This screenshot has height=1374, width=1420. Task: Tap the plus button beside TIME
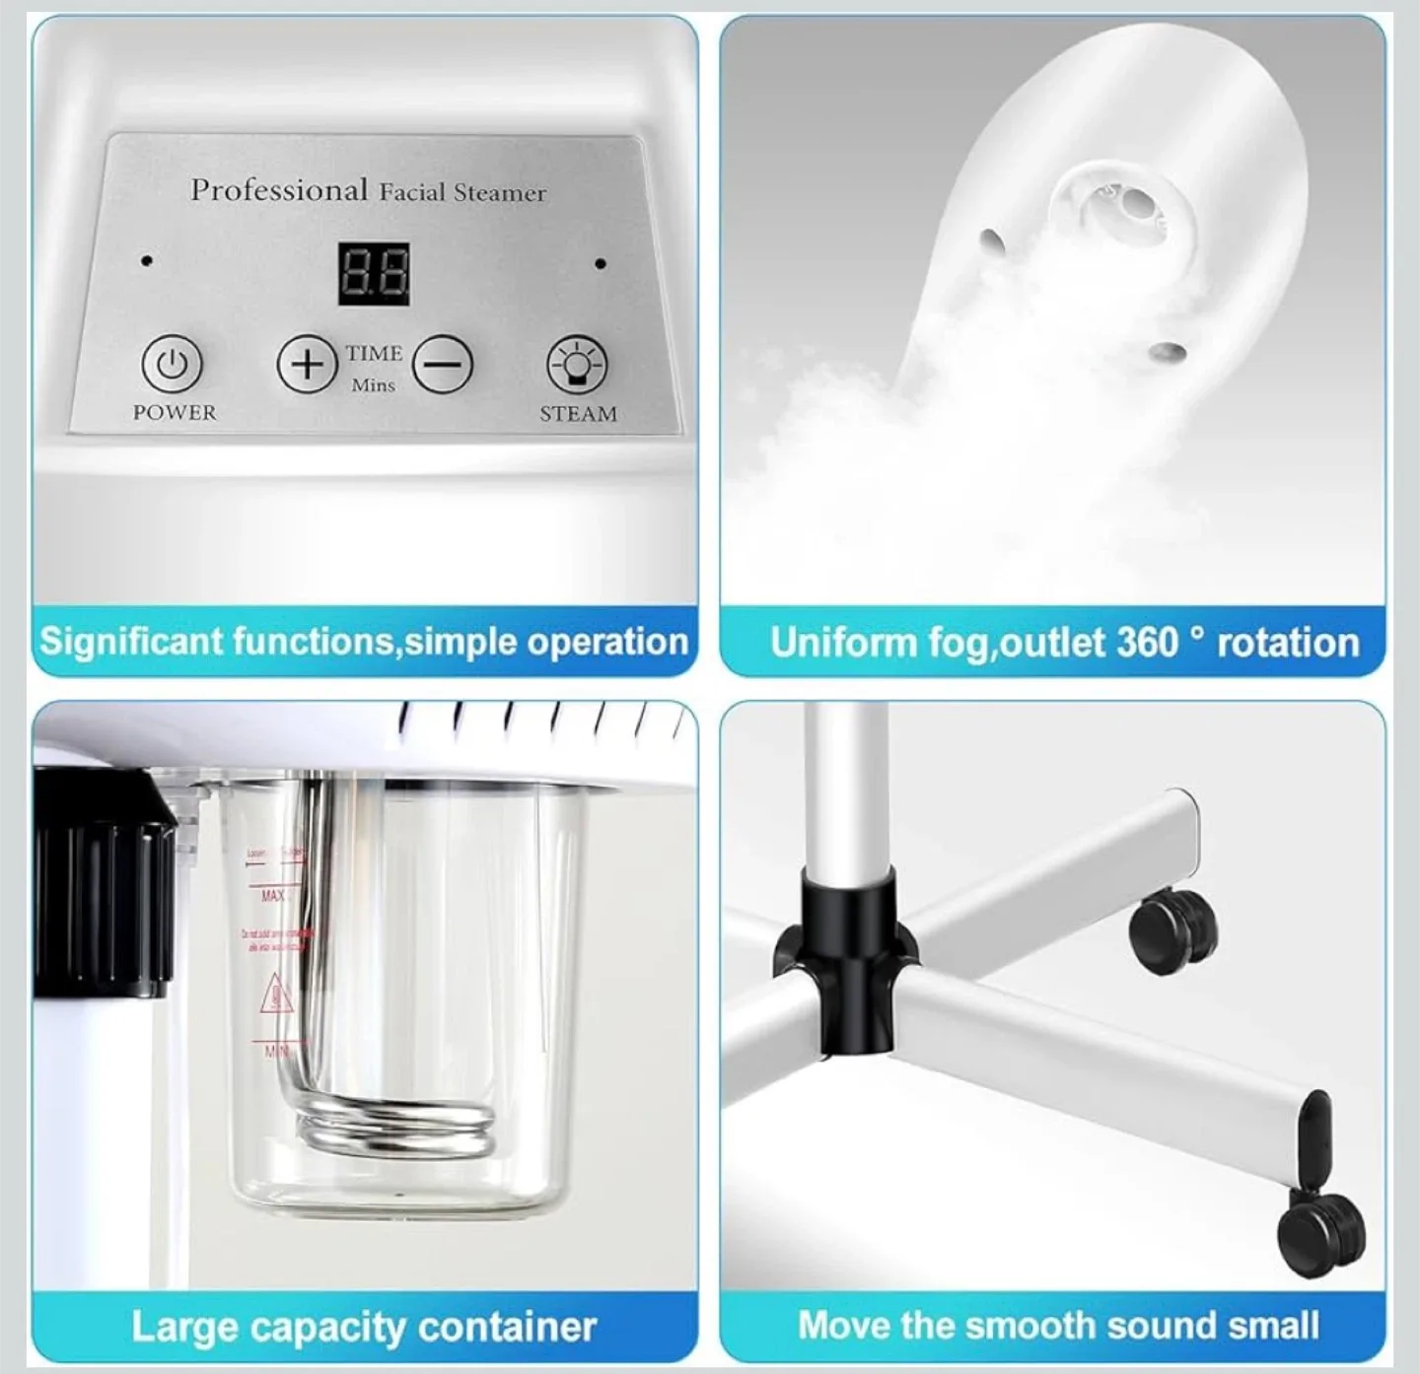[x=308, y=365]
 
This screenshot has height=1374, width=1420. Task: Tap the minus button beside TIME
[x=443, y=365]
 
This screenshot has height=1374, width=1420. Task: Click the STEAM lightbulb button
[x=577, y=363]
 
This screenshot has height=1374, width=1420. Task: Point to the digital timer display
[x=375, y=274]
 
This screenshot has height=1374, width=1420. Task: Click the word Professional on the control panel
[x=279, y=189]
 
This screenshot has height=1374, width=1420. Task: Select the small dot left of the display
[x=147, y=261]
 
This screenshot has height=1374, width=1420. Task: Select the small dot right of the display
[x=601, y=264]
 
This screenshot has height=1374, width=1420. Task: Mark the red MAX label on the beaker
[x=273, y=895]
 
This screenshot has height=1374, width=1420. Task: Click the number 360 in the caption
[x=1148, y=643]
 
